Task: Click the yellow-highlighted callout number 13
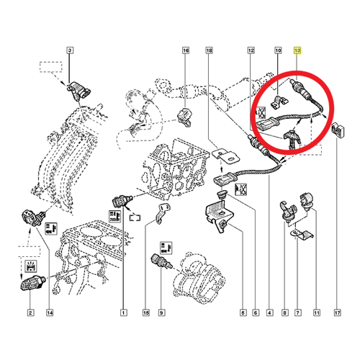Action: [x=297, y=50]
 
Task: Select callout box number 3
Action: [x=70, y=50]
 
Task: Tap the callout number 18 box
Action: [x=210, y=50]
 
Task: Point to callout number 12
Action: [x=251, y=50]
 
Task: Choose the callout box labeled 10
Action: [x=278, y=50]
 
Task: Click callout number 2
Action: [x=30, y=312]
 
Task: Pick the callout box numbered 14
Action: [x=50, y=312]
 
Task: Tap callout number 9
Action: [x=161, y=312]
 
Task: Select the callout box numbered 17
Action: [x=338, y=312]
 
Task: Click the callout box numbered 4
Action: [x=270, y=312]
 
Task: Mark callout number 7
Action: [x=297, y=312]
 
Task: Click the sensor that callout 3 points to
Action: [x=78, y=91]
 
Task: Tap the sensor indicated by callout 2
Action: [x=32, y=283]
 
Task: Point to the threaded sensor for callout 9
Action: [x=161, y=262]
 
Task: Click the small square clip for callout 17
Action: [x=338, y=130]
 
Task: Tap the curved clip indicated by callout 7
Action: [x=301, y=235]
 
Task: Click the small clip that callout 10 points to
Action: [x=279, y=102]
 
